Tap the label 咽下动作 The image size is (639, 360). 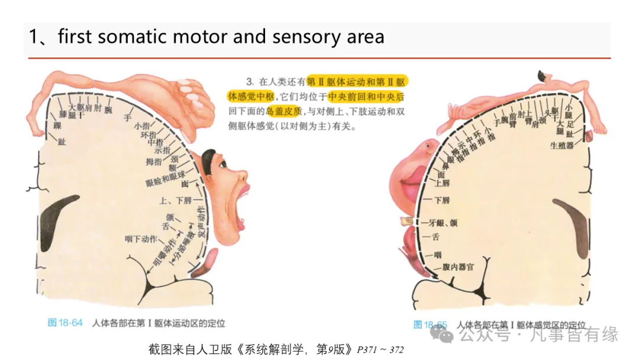[141, 239]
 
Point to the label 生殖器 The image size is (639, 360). [561, 145]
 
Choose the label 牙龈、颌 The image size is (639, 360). [442, 223]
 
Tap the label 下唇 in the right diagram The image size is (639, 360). [441, 200]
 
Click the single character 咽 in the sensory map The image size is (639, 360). [438, 255]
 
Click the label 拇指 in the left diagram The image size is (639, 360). [154, 161]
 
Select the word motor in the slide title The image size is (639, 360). [200, 37]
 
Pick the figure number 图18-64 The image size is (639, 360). [65, 323]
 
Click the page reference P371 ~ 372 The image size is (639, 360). [380, 349]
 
